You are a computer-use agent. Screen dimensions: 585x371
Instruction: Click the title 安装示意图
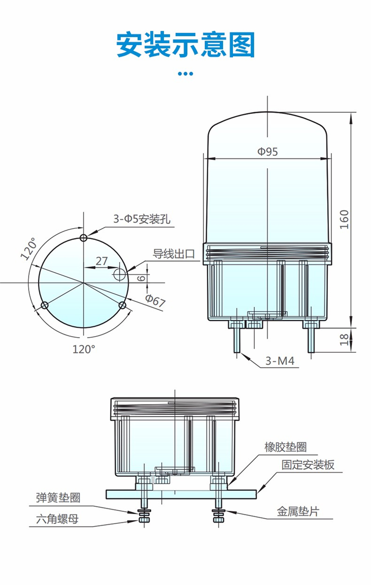pos(185,45)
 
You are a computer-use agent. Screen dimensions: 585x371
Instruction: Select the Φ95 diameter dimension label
pos(267,151)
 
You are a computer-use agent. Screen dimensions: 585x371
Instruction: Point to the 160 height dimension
pos(344,219)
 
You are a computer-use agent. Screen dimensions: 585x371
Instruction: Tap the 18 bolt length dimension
pos(344,339)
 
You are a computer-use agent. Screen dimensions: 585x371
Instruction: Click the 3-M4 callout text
pos(279,361)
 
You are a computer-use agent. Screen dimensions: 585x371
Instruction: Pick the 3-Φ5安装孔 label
pos(141,219)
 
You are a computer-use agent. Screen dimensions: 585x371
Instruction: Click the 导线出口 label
pos(174,254)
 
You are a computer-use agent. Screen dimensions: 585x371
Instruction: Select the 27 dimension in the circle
pos(101,261)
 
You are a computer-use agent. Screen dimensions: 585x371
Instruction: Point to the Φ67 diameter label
pos(155,300)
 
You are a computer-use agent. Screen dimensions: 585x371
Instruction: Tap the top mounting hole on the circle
pos(84,237)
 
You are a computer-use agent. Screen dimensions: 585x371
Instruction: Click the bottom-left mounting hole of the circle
pos(45,305)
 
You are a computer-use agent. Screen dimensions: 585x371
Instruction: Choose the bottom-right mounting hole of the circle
pos(123,305)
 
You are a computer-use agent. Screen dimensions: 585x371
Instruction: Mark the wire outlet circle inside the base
pos(120,273)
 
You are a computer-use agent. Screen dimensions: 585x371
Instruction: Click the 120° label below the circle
pos(83,349)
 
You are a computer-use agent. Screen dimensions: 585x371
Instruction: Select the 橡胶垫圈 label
pos(285,447)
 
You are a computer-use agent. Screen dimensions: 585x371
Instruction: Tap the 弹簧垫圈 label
pos(58,497)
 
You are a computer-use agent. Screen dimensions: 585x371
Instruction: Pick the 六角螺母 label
pos(57,519)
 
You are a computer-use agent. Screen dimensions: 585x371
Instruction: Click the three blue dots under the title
pos(185,74)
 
